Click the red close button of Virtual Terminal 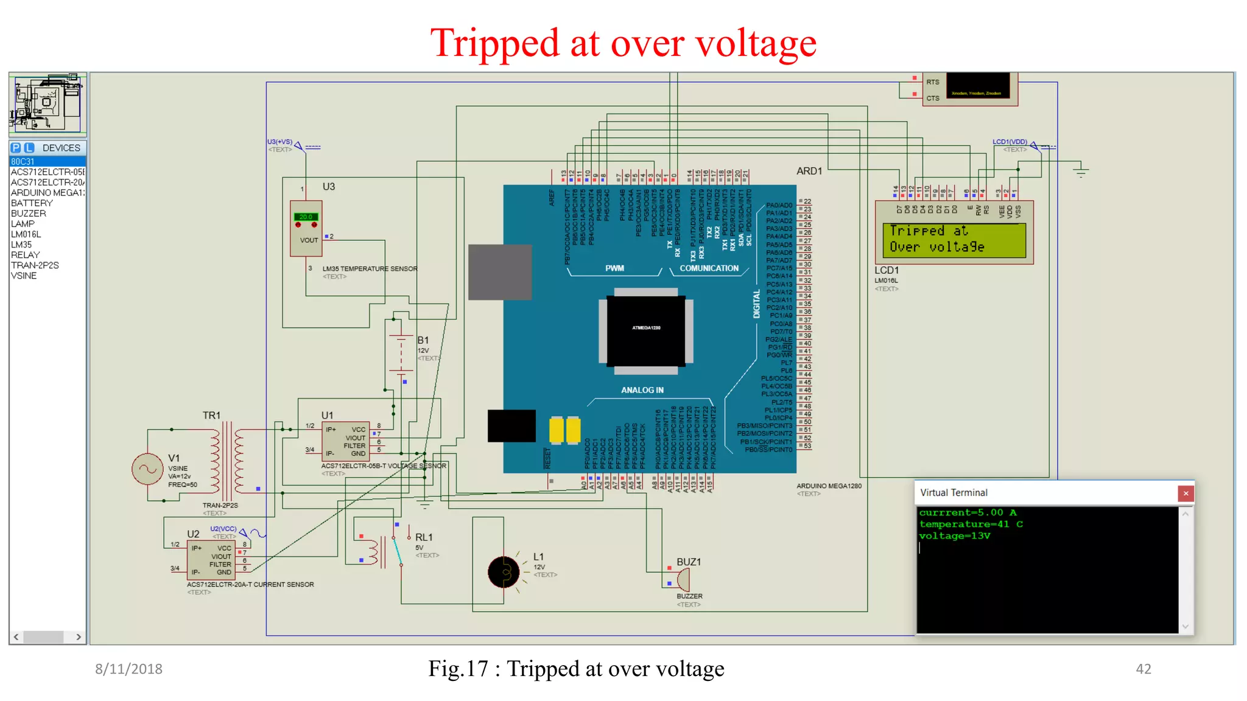1185,493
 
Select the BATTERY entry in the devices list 32,203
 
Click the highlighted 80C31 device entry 23,162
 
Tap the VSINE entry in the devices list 24,276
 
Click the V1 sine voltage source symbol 147,469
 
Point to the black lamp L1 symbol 504,572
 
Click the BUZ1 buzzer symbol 683,579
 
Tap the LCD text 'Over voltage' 936,247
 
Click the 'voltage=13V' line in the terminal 954,536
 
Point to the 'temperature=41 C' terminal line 971,525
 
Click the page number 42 1143,669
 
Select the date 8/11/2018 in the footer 128,669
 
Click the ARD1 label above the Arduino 809,172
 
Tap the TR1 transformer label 211,416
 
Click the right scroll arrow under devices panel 79,637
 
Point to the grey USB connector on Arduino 500,272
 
